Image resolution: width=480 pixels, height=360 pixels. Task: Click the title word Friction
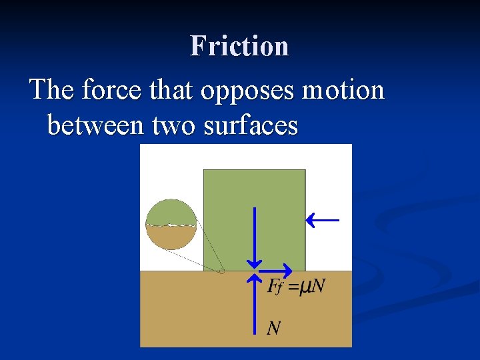pyautogui.click(x=239, y=46)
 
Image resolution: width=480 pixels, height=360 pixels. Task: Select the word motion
pyautogui.click(x=343, y=89)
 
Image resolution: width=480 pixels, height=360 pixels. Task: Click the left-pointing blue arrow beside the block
pyautogui.click(x=322, y=220)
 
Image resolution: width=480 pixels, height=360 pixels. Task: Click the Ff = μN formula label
pyautogui.click(x=295, y=287)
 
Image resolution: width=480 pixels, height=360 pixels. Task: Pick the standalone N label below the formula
pyautogui.click(x=274, y=327)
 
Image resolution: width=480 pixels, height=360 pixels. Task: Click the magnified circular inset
pyautogui.click(x=171, y=225)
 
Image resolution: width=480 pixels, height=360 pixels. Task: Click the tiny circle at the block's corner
pyautogui.click(x=221, y=271)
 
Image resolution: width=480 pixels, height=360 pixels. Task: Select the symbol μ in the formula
pyautogui.click(x=305, y=287)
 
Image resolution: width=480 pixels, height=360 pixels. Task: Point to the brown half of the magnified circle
pyautogui.click(x=171, y=237)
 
